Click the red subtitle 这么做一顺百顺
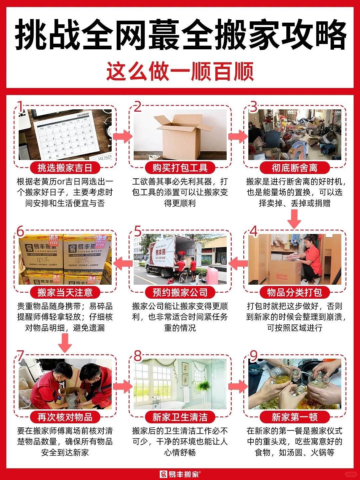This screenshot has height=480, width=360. tap(180, 71)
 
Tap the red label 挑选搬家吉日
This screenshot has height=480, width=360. tap(65, 168)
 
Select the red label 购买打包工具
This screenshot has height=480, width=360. tap(180, 168)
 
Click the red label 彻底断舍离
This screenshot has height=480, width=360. tap(295, 168)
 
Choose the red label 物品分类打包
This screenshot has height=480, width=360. tap(295, 292)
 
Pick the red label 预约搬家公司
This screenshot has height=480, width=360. tap(180, 292)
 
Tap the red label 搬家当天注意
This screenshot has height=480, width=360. tap(65, 292)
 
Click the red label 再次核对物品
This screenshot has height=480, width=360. tap(65, 417)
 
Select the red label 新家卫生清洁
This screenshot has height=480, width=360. tap(180, 417)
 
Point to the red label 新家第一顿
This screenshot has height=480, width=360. tap(295, 417)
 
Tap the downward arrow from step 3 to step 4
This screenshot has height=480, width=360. tap(294, 220)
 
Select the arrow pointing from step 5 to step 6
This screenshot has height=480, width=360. tap(123, 263)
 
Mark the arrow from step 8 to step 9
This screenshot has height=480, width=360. tap(238, 386)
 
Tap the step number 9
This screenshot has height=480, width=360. tap(254, 356)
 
